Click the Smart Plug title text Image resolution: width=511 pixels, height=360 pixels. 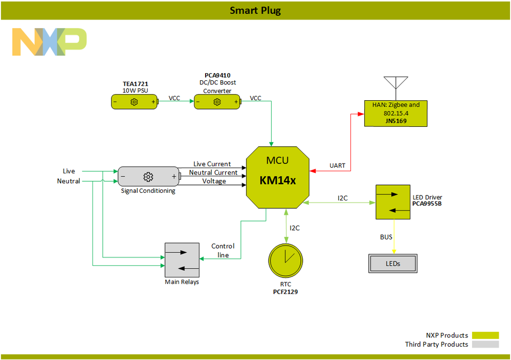click(x=255, y=10)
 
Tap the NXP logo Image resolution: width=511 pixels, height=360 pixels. click(x=49, y=42)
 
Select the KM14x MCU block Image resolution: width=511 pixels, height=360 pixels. click(x=278, y=177)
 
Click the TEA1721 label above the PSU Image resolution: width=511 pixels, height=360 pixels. click(x=135, y=83)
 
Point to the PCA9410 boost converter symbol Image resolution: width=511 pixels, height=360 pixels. click(x=217, y=102)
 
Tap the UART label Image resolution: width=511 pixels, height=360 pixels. click(x=337, y=166)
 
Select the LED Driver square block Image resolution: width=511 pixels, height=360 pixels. click(x=392, y=202)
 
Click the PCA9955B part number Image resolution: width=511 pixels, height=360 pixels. click(x=427, y=204)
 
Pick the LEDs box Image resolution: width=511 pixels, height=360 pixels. click(x=393, y=264)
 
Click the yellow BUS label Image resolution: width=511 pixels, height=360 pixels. click(x=386, y=237)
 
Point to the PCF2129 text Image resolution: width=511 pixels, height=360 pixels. click(x=285, y=291)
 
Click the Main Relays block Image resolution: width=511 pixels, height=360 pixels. click(x=182, y=260)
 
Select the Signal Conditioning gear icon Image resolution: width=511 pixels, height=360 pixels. click(x=148, y=176)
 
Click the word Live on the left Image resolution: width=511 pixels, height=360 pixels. click(x=69, y=171)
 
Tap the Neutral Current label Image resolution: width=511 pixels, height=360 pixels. click(x=213, y=173)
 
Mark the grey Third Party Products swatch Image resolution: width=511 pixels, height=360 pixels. click(x=485, y=344)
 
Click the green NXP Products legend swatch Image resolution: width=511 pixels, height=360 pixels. click(x=485, y=335)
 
